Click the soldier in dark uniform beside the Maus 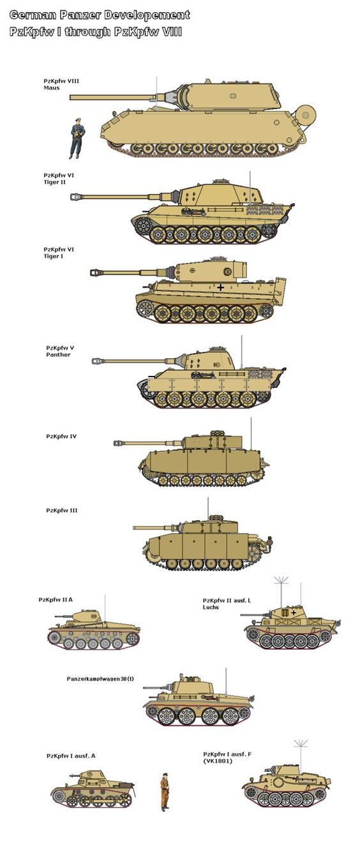(x=77, y=138)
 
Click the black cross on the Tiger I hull (x=221, y=287)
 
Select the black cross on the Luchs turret (x=294, y=612)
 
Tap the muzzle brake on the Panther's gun (x=96, y=361)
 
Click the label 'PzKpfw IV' (x=61, y=437)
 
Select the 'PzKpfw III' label (x=62, y=511)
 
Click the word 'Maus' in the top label (x=52, y=88)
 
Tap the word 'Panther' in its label (x=58, y=354)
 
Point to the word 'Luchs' (x=211, y=607)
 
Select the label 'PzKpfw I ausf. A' (x=71, y=756)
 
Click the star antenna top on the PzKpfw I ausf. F (x=300, y=743)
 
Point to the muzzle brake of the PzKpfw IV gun (x=119, y=443)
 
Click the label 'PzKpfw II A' (x=56, y=599)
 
